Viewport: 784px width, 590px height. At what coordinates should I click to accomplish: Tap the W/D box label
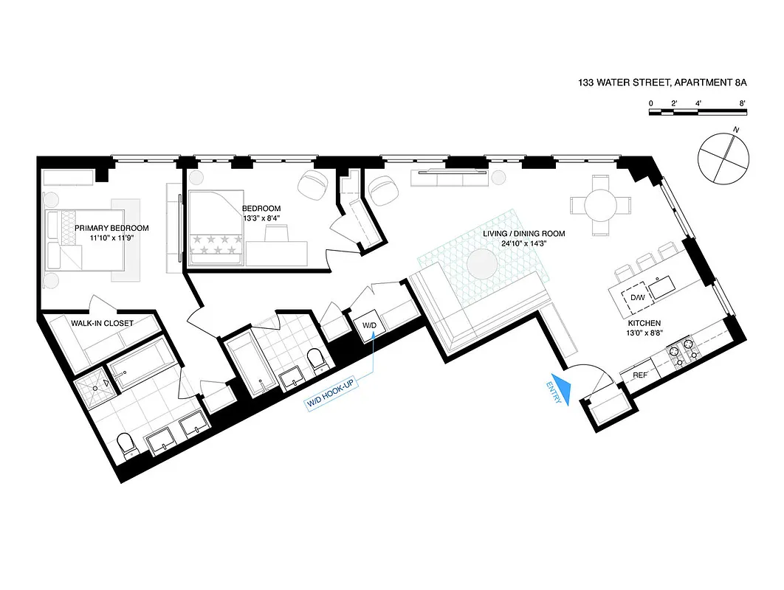[x=368, y=325]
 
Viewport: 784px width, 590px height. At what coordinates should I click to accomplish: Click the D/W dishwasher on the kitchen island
[x=636, y=298]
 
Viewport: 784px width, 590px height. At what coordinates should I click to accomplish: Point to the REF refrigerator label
[x=639, y=375]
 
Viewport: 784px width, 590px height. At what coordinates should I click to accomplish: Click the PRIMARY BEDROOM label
[x=111, y=228]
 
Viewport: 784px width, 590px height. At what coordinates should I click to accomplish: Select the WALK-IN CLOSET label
[x=102, y=323]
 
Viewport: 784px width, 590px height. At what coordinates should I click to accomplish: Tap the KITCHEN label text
[x=644, y=323]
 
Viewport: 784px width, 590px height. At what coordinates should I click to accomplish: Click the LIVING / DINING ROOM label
[x=523, y=234]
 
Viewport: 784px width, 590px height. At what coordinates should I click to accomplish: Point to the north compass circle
[x=723, y=158]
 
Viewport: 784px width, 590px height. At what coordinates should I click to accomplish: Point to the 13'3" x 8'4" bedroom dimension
[x=261, y=218]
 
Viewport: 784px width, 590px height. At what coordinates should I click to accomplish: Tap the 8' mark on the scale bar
[x=741, y=103]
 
